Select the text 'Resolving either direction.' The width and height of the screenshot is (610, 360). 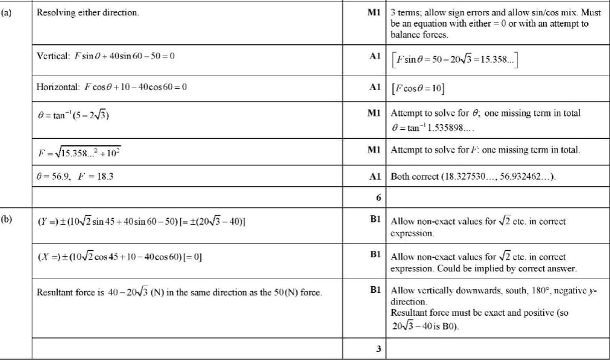pos(88,12)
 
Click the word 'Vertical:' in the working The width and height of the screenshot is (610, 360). pos(52,55)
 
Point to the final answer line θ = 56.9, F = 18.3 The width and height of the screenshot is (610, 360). pos(76,176)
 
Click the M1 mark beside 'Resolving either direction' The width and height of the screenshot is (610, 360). pos(374,12)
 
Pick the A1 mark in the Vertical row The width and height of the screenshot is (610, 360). pos(374,55)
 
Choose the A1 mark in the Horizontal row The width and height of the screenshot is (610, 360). pos(374,87)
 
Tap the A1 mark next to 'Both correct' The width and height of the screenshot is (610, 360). pos(374,176)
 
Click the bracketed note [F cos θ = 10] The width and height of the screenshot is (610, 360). pos(420,87)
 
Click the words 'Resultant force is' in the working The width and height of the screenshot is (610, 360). pos(70,292)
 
